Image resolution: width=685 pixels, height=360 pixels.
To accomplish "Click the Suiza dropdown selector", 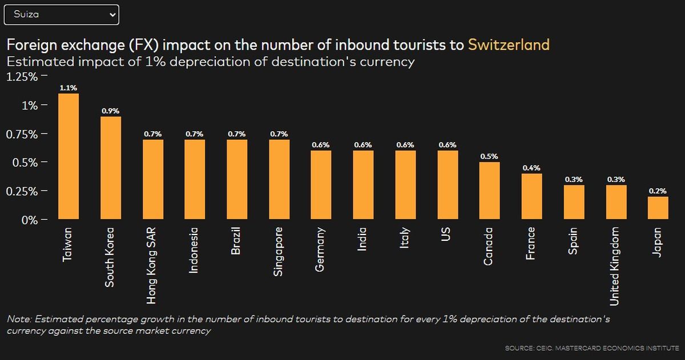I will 61,15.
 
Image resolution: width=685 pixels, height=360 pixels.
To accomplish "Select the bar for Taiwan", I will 68,156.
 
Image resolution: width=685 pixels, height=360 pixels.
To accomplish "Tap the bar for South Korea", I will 111,168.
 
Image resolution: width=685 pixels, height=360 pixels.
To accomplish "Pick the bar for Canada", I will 489,191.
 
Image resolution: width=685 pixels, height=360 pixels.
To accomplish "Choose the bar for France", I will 531,196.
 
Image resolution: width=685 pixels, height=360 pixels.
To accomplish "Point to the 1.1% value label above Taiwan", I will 68,88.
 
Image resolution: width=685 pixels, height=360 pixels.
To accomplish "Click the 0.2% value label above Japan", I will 658,191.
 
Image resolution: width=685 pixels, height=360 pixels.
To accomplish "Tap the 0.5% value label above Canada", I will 489,156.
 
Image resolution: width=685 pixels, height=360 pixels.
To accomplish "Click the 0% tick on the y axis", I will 29,220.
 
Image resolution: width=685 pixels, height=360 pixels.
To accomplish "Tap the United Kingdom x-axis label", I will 615,266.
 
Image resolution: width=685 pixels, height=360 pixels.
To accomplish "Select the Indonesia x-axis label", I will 194,250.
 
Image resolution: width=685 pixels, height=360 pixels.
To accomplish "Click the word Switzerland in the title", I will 509,45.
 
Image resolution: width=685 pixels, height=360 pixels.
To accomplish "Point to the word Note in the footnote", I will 18,319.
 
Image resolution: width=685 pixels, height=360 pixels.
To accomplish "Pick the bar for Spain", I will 574,202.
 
